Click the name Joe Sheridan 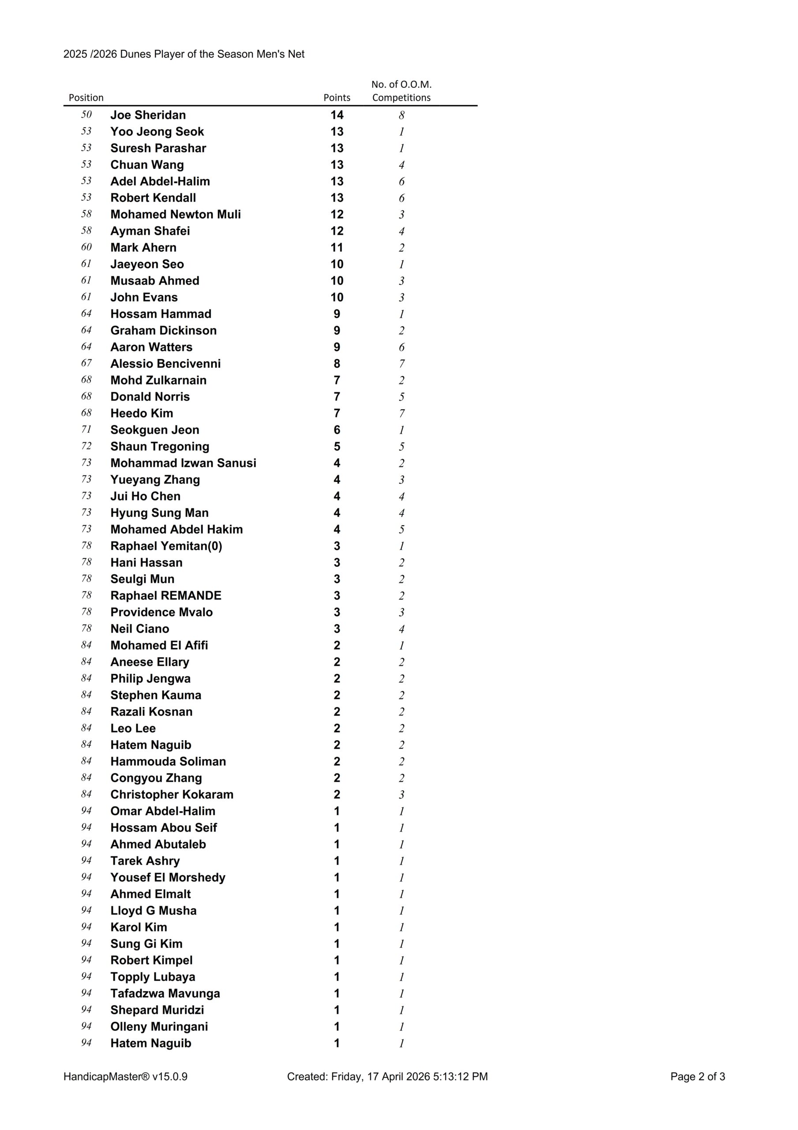point(148,115)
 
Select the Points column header point(337,98)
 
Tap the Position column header point(86,98)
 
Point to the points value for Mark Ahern point(337,248)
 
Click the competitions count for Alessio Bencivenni point(401,364)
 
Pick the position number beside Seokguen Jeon point(86,429)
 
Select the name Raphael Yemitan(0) point(166,546)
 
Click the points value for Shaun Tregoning point(337,446)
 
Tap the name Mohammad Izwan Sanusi point(183,463)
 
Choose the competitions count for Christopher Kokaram point(401,795)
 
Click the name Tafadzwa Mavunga point(165,994)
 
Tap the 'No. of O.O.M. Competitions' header point(401,91)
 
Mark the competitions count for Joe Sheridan point(401,115)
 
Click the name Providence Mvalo point(161,612)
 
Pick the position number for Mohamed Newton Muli point(86,214)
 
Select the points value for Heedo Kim point(337,414)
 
